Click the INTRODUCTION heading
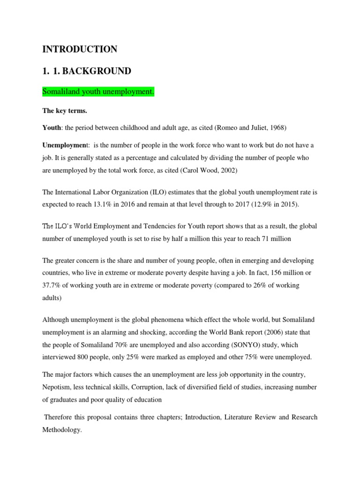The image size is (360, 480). (80, 49)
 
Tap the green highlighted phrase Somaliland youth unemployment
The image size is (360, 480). (98, 92)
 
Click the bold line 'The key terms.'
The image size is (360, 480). (62, 111)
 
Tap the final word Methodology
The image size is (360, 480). (61, 429)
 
